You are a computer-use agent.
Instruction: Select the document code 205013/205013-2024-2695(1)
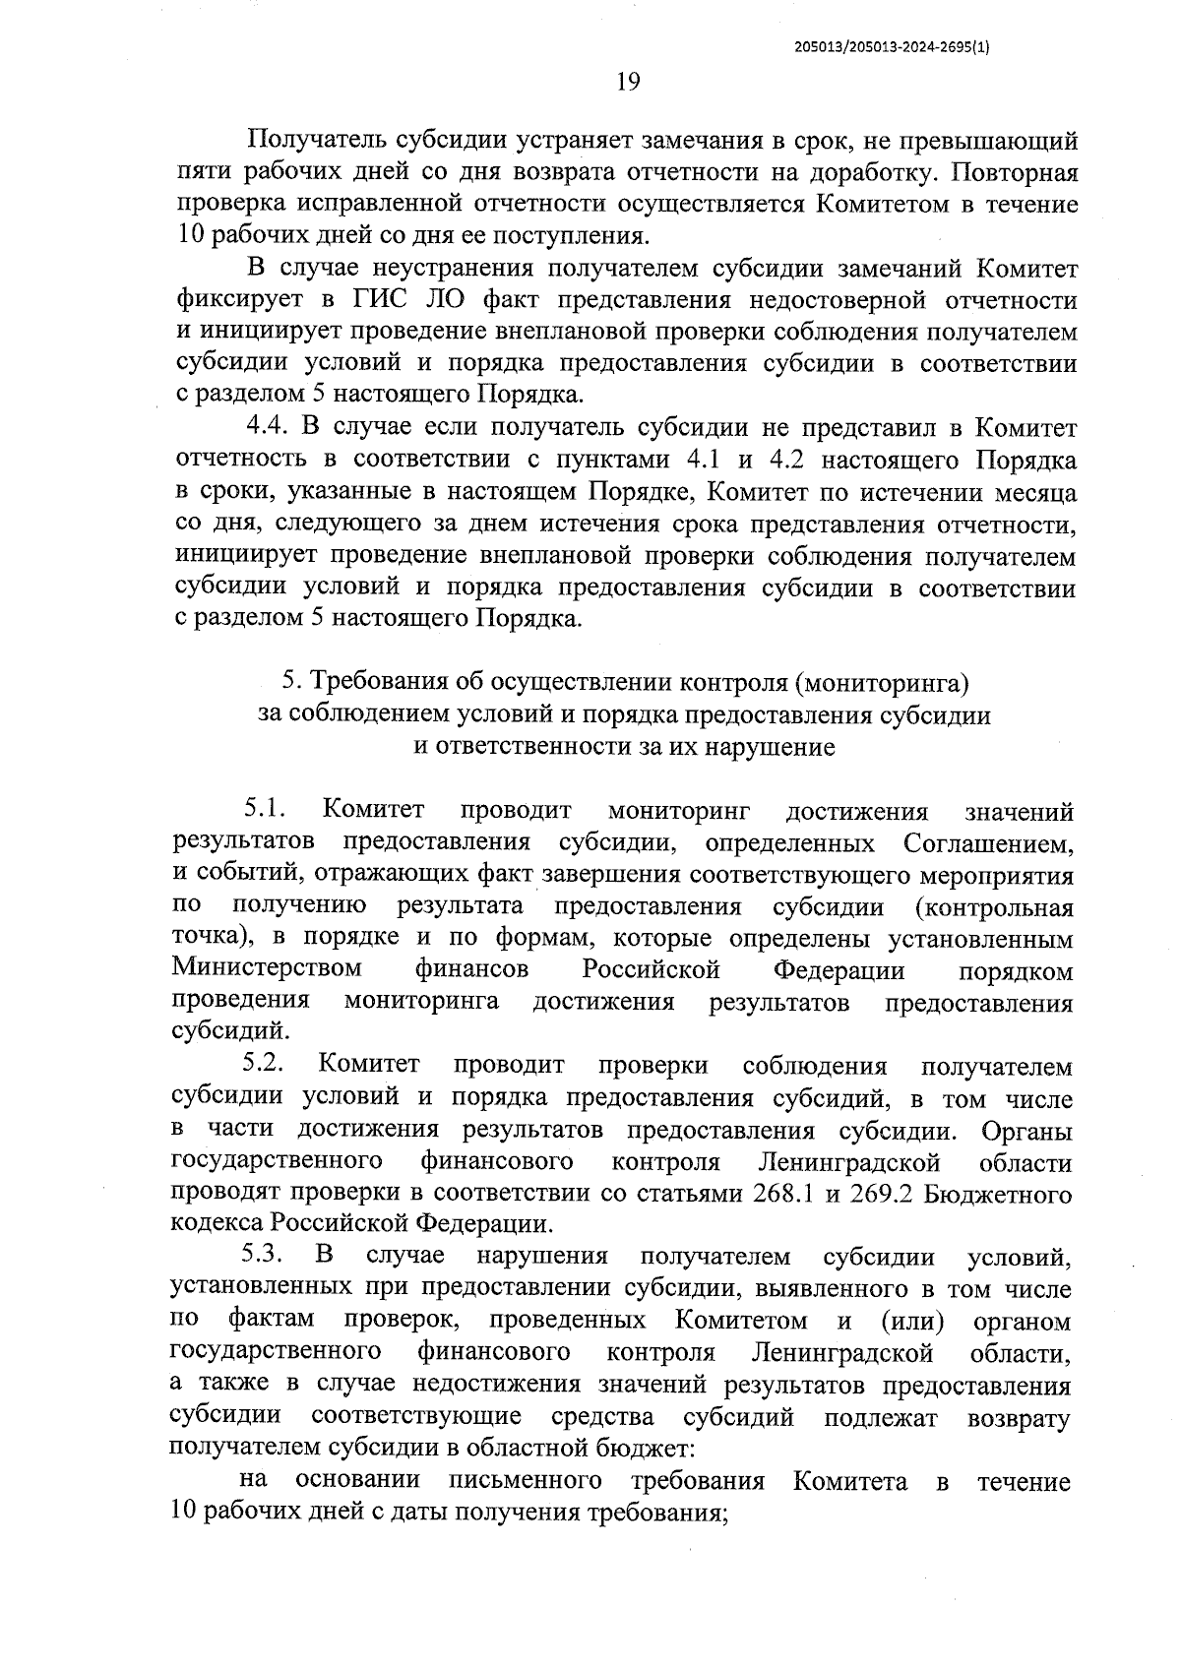(x=892, y=45)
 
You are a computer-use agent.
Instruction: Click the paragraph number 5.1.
(x=265, y=811)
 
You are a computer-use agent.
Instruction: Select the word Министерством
(x=267, y=970)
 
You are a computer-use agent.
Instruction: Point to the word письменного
(x=525, y=1481)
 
